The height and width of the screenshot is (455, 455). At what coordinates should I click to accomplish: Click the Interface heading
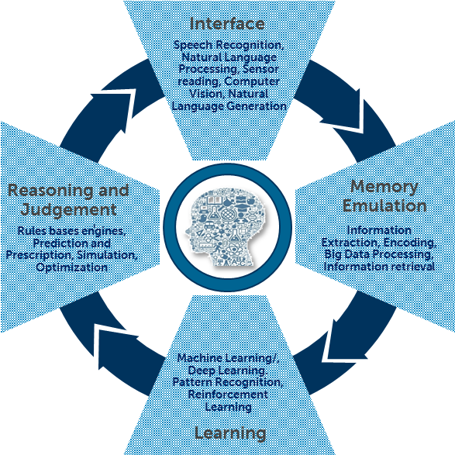click(227, 24)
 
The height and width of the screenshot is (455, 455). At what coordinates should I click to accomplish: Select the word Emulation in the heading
click(384, 206)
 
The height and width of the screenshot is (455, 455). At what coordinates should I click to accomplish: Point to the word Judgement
click(70, 210)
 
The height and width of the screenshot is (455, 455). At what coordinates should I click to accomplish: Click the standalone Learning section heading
click(230, 433)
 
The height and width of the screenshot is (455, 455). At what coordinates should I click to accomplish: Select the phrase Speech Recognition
click(229, 46)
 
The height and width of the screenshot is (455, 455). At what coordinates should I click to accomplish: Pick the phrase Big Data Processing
click(379, 254)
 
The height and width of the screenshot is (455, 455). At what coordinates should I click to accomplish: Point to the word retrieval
click(405, 267)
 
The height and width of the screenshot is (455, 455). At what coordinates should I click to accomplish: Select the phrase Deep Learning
click(227, 371)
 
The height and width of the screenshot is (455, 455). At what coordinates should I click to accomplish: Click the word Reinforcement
click(227, 395)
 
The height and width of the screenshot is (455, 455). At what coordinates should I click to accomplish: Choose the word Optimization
click(71, 267)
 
